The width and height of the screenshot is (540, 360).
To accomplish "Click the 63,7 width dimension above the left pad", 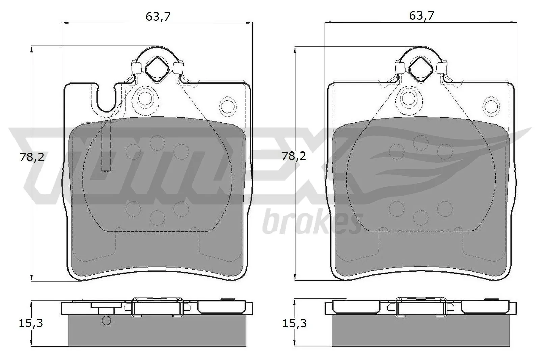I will pyautogui.click(x=158, y=16).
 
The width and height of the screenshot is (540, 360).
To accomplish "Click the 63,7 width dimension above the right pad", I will pyautogui.click(x=421, y=16).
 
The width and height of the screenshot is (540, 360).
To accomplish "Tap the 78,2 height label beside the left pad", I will pyautogui.click(x=32, y=157).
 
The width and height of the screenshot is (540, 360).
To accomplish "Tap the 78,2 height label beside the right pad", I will pyautogui.click(x=294, y=156).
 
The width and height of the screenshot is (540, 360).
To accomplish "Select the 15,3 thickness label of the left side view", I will pyautogui.click(x=30, y=323).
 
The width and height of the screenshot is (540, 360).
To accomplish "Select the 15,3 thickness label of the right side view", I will pyautogui.click(x=294, y=323).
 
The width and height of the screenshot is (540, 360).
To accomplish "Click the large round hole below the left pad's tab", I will pyautogui.click(x=145, y=99).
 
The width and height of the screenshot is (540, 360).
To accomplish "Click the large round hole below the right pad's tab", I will pyautogui.click(x=409, y=99).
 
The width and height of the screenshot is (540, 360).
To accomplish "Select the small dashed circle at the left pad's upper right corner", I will pyautogui.click(x=228, y=105).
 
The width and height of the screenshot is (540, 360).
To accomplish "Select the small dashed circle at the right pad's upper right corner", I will pyautogui.click(x=491, y=105).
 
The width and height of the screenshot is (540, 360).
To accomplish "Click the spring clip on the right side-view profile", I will pyautogui.click(x=421, y=307).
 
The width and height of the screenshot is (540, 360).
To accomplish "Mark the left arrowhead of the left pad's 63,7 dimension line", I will pyautogui.click(x=64, y=23).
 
